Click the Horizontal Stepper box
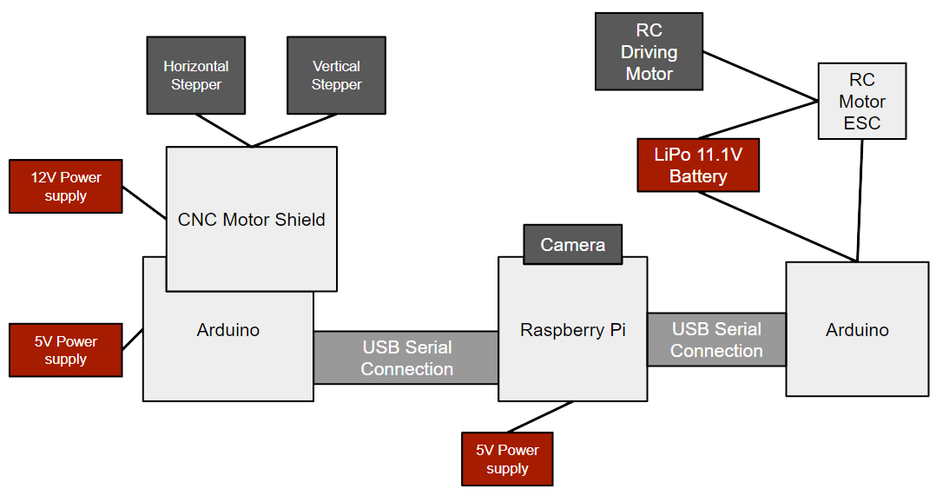(196, 76)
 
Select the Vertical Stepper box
(336, 76)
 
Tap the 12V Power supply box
(66, 186)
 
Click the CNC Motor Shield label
(251, 220)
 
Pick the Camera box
(572, 244)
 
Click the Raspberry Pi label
(572, 330)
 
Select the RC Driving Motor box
(649, 51)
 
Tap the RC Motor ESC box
(862, 101)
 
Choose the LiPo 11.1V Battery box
(698, 165)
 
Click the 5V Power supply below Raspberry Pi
(507, 459)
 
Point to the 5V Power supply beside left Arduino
(66, 350)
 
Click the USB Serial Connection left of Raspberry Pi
(406, 358)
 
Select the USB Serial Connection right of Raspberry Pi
(716, 340)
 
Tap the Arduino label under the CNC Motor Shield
(228, 330)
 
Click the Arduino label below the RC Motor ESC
(857, 330)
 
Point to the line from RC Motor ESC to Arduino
(860, 201)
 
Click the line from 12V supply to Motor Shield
(144, 203)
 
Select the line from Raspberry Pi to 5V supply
(540, 417)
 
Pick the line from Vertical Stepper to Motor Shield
(293, 130)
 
